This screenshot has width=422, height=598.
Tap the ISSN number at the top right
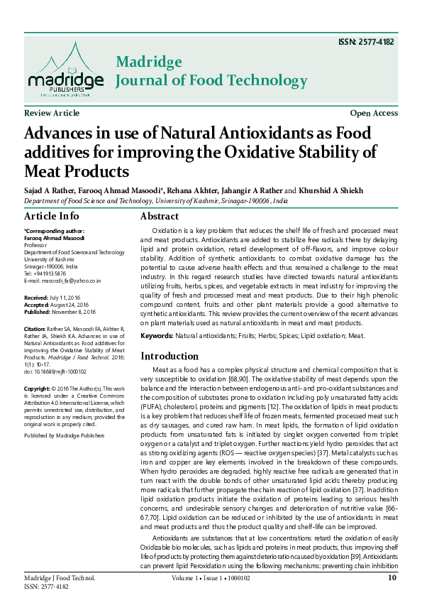pyautogui.click(x=367, y=42)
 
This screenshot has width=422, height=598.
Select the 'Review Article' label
pyautogui.click(x=52, y=114)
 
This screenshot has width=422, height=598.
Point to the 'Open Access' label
pyautogui.click(x=374, y=114)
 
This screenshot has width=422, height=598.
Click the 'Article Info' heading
pyautogui.click(x=52, y=216)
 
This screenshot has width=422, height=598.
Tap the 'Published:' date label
pyautogui.click(x=37, y=310)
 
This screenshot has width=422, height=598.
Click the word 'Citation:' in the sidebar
pyautogui.click(x=35, y=330)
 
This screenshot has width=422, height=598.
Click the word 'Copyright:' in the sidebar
pyautogui.click(x=37, y=389)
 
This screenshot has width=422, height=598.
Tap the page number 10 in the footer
pyautogui.click(x=392, y=578)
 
